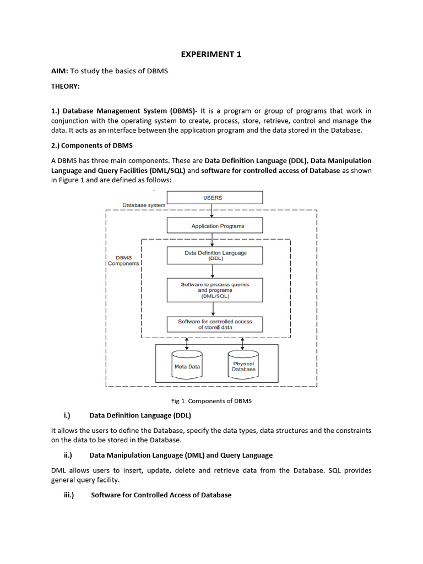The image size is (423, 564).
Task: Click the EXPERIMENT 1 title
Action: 211,54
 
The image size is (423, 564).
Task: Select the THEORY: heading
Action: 66,86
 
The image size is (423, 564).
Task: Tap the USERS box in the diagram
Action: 214,197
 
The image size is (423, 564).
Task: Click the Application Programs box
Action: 214,226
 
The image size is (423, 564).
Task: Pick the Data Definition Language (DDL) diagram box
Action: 215,255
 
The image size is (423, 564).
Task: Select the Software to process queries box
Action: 215,290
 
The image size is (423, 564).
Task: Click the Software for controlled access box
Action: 215,324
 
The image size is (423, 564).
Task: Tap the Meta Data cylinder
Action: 187,365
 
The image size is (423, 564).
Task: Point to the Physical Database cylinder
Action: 243,366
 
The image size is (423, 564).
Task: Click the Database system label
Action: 143,205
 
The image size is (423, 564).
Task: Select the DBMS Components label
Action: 123,261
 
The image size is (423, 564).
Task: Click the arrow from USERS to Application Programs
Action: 212,211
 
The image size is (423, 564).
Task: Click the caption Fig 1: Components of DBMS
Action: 211,401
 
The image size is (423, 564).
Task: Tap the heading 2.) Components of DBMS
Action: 92,145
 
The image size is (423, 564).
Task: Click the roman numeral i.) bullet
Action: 69,415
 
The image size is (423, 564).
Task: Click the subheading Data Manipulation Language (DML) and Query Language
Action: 181,455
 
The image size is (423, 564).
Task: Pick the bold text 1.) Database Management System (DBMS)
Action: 123,111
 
